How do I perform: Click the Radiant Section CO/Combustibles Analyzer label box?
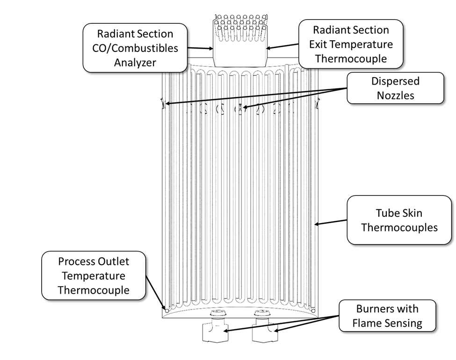135,48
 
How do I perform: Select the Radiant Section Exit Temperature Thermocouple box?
351,44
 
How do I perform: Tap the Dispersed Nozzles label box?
395,88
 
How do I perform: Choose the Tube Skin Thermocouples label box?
399,220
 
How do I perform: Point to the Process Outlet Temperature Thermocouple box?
94,275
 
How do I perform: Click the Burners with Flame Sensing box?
387,316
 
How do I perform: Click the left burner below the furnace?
213,330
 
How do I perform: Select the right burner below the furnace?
262,330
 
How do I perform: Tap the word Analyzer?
135,62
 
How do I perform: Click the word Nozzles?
395,95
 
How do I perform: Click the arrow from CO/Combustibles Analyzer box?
200,48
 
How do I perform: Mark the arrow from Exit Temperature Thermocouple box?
283,46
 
